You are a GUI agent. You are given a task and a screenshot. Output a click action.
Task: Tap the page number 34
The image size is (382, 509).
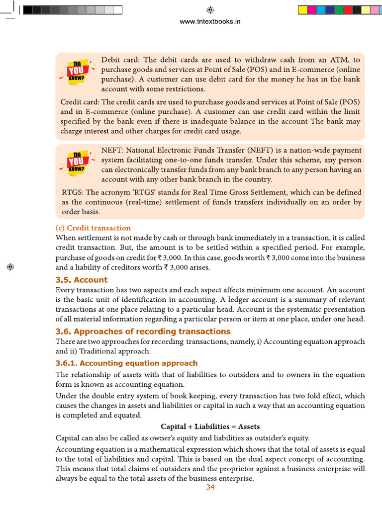pyautogui.click(x=210, y=487)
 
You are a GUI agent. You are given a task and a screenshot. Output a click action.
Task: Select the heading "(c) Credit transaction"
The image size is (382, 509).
pyautogui.click(x=93, y=228)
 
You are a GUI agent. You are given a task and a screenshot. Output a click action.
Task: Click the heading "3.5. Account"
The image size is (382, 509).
pyautogui.click(x=81, y=280)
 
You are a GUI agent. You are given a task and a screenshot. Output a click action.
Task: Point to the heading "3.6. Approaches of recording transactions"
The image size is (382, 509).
pyautogui.click(x=143, y=332)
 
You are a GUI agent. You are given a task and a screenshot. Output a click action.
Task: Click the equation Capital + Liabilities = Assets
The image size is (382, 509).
pyautogui.click(x=210, y=426)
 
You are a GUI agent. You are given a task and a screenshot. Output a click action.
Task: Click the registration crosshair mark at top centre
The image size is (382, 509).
pyautogui.click(x=210, y=10)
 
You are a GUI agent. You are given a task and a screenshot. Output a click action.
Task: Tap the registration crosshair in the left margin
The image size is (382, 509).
pyautogui.click(x=9, y=267)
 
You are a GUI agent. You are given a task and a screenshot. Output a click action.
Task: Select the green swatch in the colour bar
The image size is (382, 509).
pyautogui.click(x=339, y=10)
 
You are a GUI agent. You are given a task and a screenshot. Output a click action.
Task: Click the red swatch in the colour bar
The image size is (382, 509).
pyautogui.click(x=348, y=10)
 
